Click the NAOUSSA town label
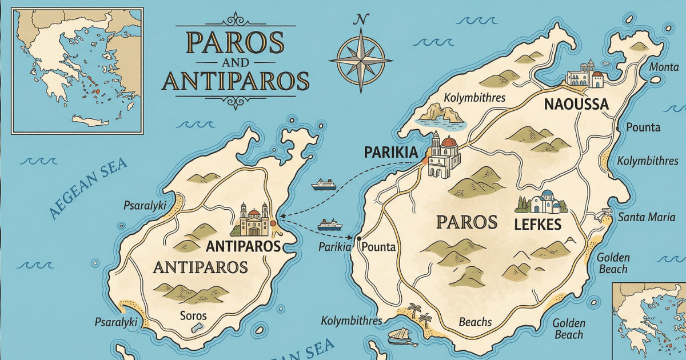point(576,105)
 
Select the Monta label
point(664,67)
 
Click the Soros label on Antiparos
point(193,315)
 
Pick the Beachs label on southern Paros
point(475,322)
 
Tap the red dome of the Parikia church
point(449,142)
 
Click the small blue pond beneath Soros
point(198,327)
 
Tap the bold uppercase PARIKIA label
point(392,153)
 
